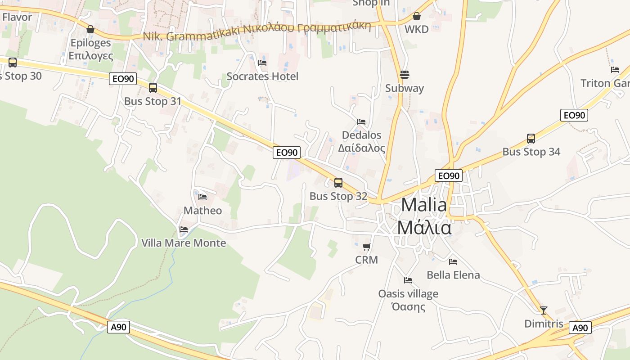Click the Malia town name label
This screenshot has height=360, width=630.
pos(424,216)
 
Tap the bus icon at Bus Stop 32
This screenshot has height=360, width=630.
pos(338,183)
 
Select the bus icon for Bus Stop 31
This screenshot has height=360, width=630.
pos(153,88)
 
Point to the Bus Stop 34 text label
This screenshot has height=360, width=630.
pos(531,152)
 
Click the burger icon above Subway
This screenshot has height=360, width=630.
pos(404,74)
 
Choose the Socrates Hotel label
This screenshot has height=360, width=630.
pos(262,76)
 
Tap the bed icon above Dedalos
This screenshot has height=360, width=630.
pos(361,121)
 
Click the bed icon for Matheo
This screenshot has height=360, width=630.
pos(202,197)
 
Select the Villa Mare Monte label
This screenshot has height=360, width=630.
pos(184,243)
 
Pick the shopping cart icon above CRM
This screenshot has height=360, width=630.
pos(366,246)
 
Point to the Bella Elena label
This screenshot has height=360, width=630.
pos(453,275)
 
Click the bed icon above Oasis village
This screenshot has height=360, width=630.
pos(408,280)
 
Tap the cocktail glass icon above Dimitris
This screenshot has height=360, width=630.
pos(544,310)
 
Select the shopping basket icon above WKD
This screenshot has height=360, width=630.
pos(417,16)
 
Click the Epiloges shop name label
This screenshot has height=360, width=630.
pos(90,49)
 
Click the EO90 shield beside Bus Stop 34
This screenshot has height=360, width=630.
pos(574,115)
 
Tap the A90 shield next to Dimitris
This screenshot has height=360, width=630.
pos(580,328)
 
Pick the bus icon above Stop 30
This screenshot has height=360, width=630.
pos(13,63)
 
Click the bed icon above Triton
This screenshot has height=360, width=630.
pos(615,69)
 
